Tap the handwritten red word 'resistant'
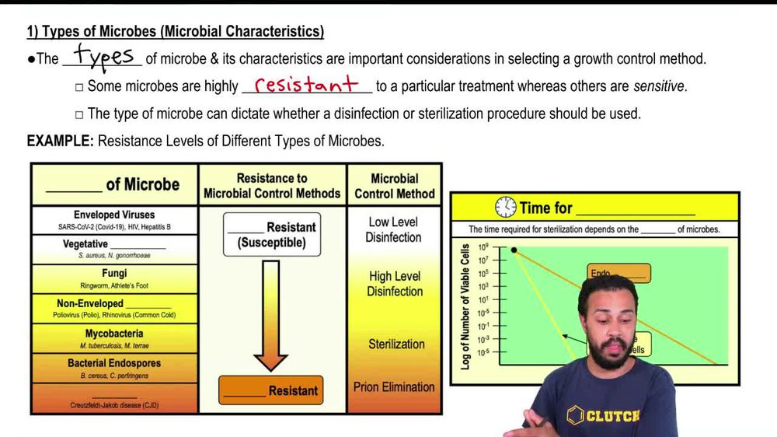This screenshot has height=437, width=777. click(307, 84)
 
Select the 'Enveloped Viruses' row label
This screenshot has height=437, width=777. click(114, 215)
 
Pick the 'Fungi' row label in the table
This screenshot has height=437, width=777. click(114, 274)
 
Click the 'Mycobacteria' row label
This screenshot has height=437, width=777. click(114, 334)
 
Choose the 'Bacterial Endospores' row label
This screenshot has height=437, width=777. click(113, 363)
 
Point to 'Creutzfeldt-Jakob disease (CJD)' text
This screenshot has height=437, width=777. click(114, 405)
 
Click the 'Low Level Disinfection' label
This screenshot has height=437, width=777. click(395, 229)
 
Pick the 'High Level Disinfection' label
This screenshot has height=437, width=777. click(395, 284)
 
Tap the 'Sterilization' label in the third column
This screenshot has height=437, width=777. click(396, 344)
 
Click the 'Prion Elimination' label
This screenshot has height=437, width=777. click(394, 386)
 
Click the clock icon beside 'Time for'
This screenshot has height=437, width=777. click(506, 208)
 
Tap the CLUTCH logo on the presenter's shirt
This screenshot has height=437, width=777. click(603, 414)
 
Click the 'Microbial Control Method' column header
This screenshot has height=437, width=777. click(395, 186)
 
